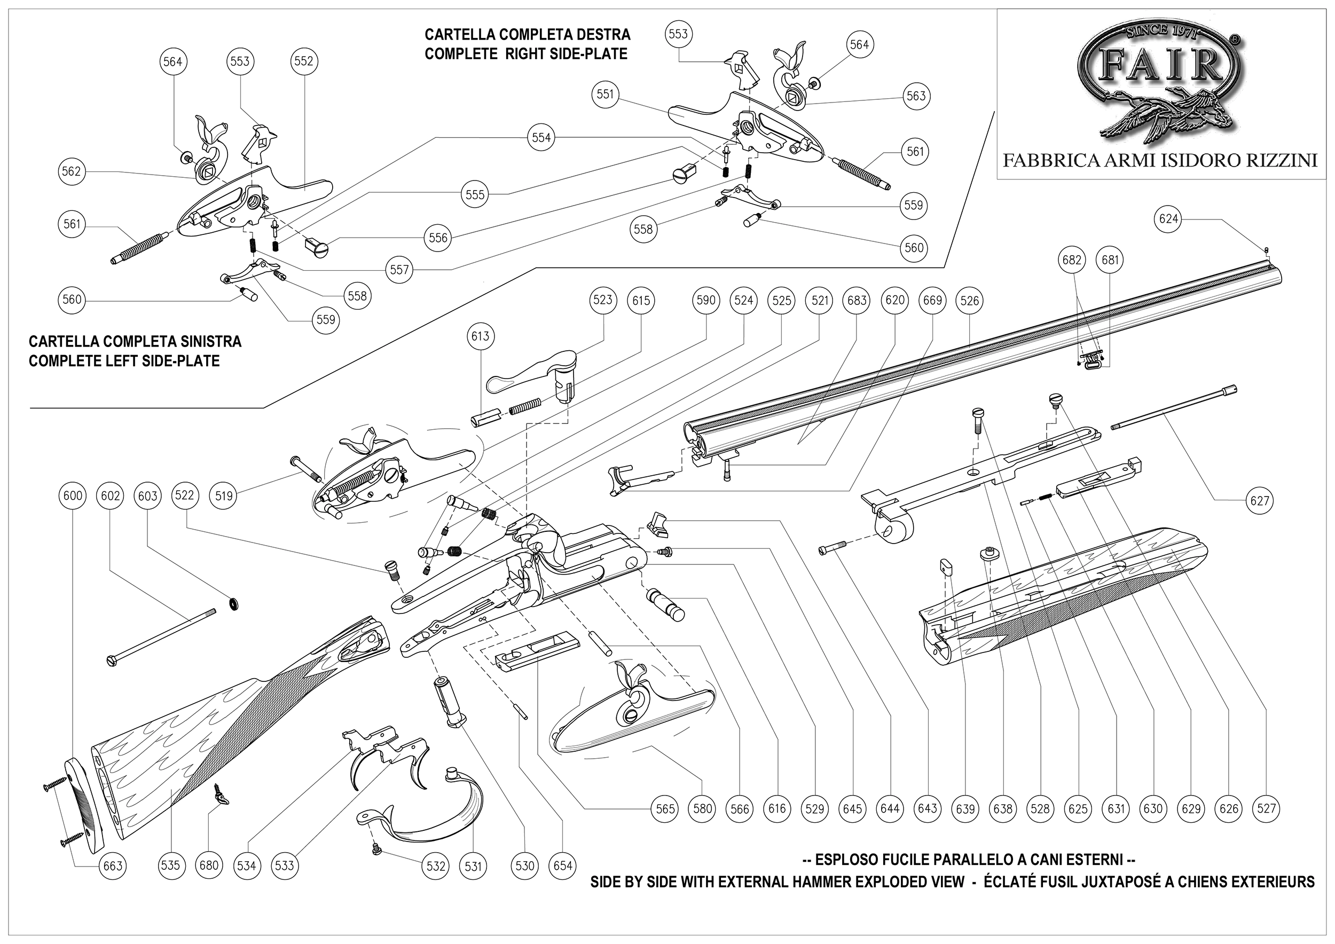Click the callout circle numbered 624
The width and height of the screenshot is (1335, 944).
point(1168,218)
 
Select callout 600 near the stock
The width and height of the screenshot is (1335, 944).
point(73,495)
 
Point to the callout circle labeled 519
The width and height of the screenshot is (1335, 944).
point(224,495)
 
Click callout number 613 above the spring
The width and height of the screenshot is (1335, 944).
point(480,336)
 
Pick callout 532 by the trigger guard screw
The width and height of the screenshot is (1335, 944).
point(436,866)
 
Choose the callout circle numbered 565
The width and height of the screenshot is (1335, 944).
point(665,808)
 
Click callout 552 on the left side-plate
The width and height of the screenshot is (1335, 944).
point(303,61)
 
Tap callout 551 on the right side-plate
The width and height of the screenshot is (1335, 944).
point(605,94)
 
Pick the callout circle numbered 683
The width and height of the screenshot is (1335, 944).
point(857,301)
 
